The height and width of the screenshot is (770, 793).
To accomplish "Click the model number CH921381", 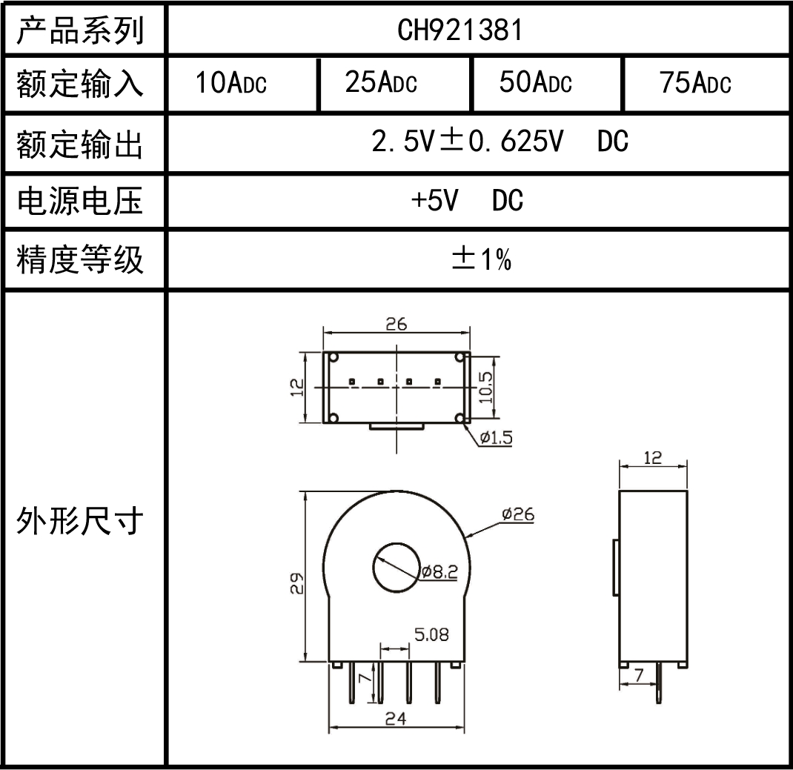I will [459, 30].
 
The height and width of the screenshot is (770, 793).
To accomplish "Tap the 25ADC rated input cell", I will [381, 84].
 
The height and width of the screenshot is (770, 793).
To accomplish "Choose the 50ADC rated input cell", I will [535, 84].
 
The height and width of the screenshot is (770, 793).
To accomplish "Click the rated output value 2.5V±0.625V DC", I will [501, 142].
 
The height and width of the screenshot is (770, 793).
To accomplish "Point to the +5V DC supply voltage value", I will [468, 200].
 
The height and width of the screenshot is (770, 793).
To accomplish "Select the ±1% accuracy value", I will [482, 259].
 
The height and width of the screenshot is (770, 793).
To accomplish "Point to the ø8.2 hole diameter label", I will [439, 572].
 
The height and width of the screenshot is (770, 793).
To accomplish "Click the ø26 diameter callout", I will [517, 514].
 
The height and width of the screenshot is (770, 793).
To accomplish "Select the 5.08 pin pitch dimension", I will [431, 635].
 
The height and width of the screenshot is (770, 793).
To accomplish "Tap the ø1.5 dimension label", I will [495, 437].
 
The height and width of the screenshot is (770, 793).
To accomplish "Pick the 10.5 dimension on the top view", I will [486, 386].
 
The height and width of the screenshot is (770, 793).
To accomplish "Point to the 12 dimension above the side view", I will [652, 457].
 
